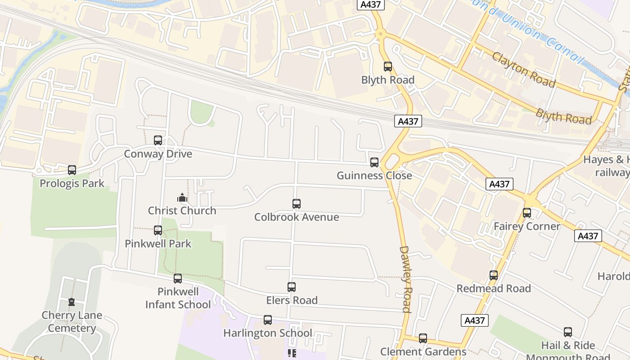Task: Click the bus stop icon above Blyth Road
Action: click(x=387, y=67)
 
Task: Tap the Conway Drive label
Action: click(x=158, y=154)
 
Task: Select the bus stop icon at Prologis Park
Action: click(x=72, y=170)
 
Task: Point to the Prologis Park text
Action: click(x=72, y=183)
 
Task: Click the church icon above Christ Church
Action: click(x=182, y=198)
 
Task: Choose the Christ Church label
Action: click(x=182, y=211)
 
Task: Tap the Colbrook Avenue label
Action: click(x=297, y=217)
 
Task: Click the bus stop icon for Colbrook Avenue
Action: click(x=296, y=204)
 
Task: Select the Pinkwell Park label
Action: click(x=158, y=243)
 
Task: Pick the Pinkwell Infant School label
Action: click(x=178, y=298)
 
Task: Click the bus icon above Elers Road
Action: click(x=292, y=287)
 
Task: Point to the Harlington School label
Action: click(x=268, y=333)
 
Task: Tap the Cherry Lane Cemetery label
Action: click(x=72, y=321)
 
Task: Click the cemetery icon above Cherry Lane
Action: click(x=72, y=302)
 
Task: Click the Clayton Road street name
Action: click(x=523, y=70)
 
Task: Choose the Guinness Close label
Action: click(x=374, y=175)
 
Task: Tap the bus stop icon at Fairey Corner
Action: click(x=527, y=213)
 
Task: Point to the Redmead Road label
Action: click(x=494, y=288)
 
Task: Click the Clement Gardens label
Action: click(x=423, y=351)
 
